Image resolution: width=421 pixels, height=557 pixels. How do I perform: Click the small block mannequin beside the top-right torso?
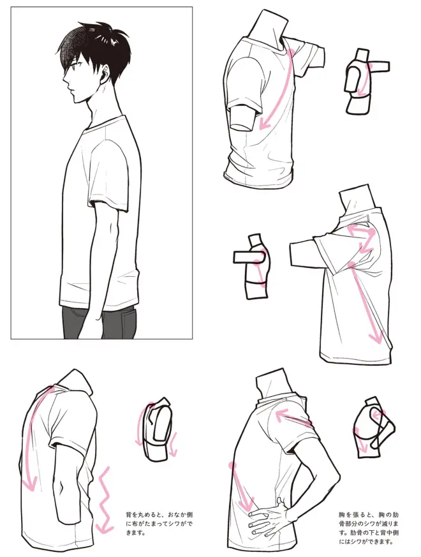coord(366,81)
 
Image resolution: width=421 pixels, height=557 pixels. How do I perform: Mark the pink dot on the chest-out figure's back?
coord(233,464)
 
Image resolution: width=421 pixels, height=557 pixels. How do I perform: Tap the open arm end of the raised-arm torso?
coord(291,255)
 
